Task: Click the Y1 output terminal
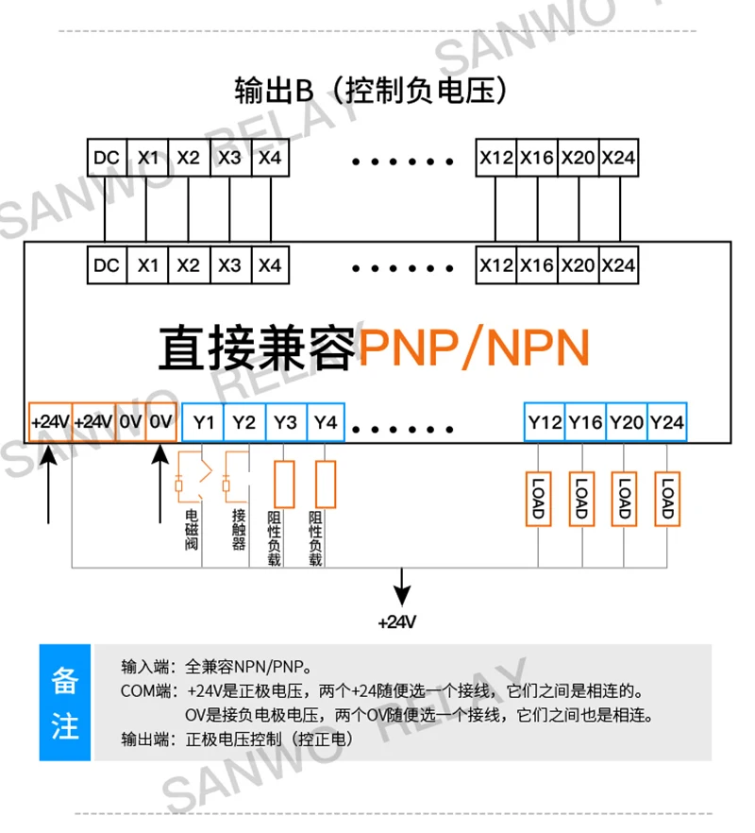(x=203, y=422)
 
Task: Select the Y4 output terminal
(x=326, y=422)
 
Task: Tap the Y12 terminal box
(x=545, y=422)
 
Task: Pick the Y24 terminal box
(x=667, y=422)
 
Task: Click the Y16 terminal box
(x=586, y=422)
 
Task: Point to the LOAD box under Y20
(x=625, y=499)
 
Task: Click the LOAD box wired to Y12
(x=538, y=499)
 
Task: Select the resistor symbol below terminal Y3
(x=284, y=484)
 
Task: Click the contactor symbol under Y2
(x=236, y=477)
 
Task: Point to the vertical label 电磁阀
(x=192, y=530)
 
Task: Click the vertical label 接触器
(x=239, y=530)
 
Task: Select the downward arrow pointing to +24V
(x=402, y=587)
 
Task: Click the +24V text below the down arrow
(x=397, y=622)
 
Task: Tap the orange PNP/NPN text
(x=474, y=348)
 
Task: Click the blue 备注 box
(x=65, y=703)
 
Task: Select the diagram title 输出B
(x=274, y=91)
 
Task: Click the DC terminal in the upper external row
(x=107, y=158)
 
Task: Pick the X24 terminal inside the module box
(x=618, y=265)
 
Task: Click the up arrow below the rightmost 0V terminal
(x=160, y=484)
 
